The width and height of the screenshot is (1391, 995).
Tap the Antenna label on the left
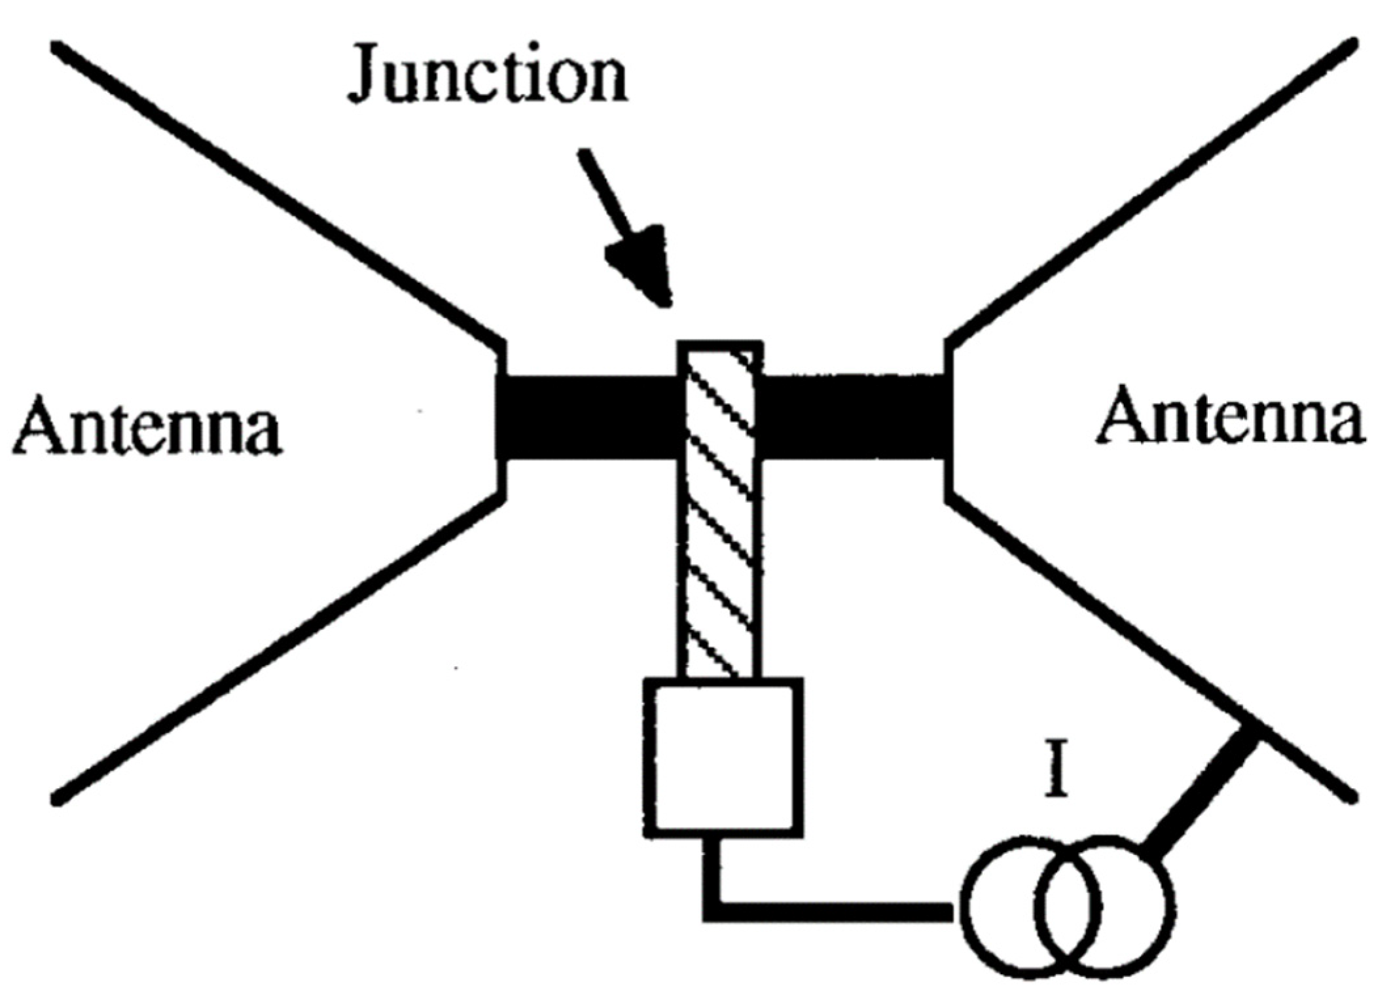click(147, 425)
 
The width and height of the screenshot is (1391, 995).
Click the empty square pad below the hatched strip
click(723, 757)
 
